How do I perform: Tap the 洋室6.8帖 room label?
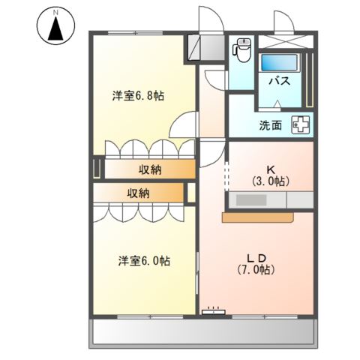tap(139, 96)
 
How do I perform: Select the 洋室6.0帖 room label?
tap(143, 261)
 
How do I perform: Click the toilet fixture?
tap(241, 50)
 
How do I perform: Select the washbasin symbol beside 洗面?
tap(301, 126)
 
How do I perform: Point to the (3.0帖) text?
tap(271, 181)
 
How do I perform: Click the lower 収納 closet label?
tap(138, 193)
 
